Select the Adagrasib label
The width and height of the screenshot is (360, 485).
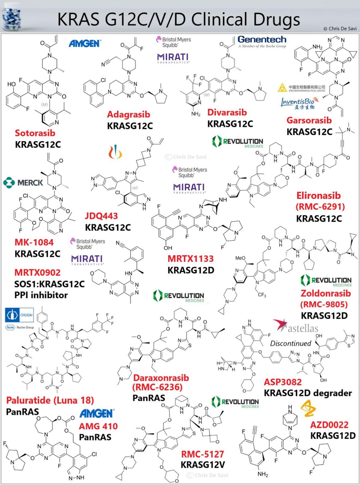[x=128, y=114]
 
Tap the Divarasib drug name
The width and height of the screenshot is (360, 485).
[x=227, y=113]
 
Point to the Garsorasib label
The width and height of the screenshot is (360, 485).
[x=309, y=120]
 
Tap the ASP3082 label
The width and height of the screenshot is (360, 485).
[x=284, y=382]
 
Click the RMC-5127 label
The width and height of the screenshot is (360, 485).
[x=203, y=453]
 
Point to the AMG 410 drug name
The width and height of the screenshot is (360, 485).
[x=98, y=427]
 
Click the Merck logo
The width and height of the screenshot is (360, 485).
[x=24, y=182]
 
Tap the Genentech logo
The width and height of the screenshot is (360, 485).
[x=262, y=41]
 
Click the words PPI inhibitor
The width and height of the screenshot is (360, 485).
[x=41, y=295]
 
